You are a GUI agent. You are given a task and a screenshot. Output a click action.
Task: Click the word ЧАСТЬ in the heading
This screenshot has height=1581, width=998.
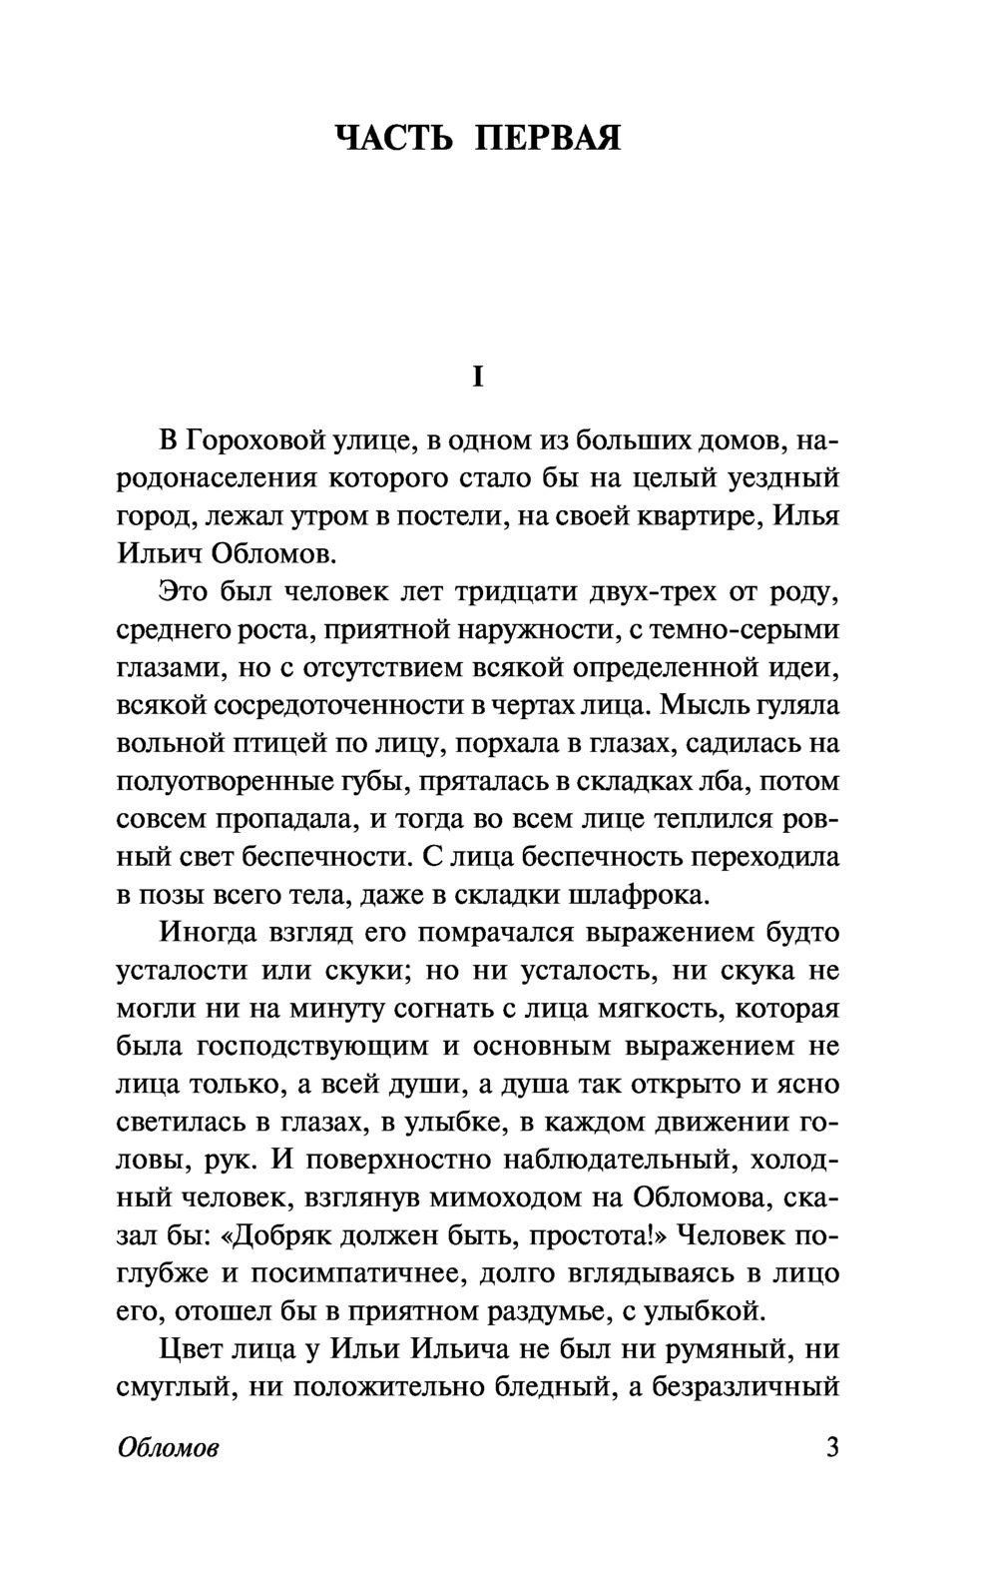tap(394, 138)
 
